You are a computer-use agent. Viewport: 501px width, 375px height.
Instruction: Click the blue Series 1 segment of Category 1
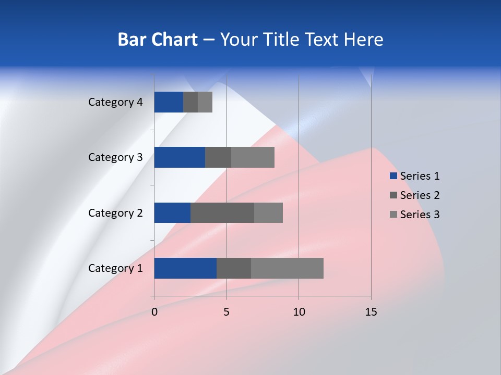coord(185,268)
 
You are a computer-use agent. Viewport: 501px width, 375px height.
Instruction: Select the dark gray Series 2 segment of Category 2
coord(222,213)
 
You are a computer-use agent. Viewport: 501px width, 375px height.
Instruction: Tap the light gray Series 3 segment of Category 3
coord(253,157)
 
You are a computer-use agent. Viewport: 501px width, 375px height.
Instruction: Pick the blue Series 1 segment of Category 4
coord(169,102)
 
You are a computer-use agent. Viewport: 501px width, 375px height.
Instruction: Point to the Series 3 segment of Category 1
coord(287,268)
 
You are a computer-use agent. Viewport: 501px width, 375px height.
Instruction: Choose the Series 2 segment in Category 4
coord(190,102)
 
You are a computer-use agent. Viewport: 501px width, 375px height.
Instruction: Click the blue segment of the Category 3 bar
coord(180,157)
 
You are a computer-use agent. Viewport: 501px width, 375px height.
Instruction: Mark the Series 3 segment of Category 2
coord(268,213)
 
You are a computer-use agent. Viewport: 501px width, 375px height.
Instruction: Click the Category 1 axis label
coord(115,268)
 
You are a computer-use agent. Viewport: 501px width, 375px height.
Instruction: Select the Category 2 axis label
coord(115,213)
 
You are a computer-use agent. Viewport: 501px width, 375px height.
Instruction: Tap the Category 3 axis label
coord(115,157)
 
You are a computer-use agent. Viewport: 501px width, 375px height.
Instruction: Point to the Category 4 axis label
coord(115,102)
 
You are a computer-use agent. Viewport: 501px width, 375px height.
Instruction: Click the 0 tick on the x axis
coord(154,312)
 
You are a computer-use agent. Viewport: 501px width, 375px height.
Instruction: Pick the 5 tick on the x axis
coord(226,312)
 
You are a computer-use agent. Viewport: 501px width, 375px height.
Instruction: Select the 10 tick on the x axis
coord(299,312)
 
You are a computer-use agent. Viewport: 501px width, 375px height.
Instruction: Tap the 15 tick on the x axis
coord(371,312)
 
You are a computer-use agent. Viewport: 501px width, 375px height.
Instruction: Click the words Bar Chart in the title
coord(158,40)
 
